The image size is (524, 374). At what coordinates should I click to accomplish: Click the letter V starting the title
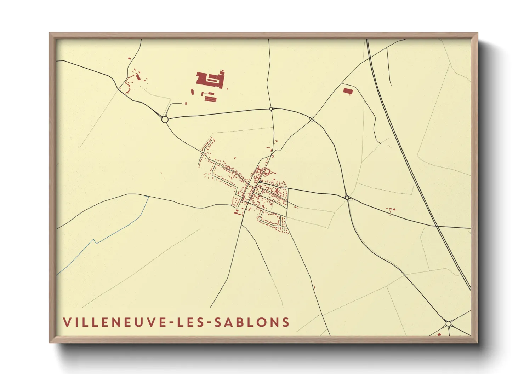point(67,322)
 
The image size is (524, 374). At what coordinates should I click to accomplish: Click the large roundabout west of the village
point(165,119)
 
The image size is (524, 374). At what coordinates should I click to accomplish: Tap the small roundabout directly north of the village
point(271,109)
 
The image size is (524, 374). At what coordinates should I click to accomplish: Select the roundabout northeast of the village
point(312,119)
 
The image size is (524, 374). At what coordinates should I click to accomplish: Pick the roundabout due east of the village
point(347,197)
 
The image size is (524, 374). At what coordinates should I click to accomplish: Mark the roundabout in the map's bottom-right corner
point(448,323)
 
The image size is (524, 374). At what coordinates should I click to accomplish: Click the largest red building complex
point(210,80)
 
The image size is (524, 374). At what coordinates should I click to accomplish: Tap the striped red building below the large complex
point(210,98)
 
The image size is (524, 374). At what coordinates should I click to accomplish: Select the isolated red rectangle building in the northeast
point(348,91)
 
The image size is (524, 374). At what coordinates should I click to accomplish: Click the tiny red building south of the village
point(314,287)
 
